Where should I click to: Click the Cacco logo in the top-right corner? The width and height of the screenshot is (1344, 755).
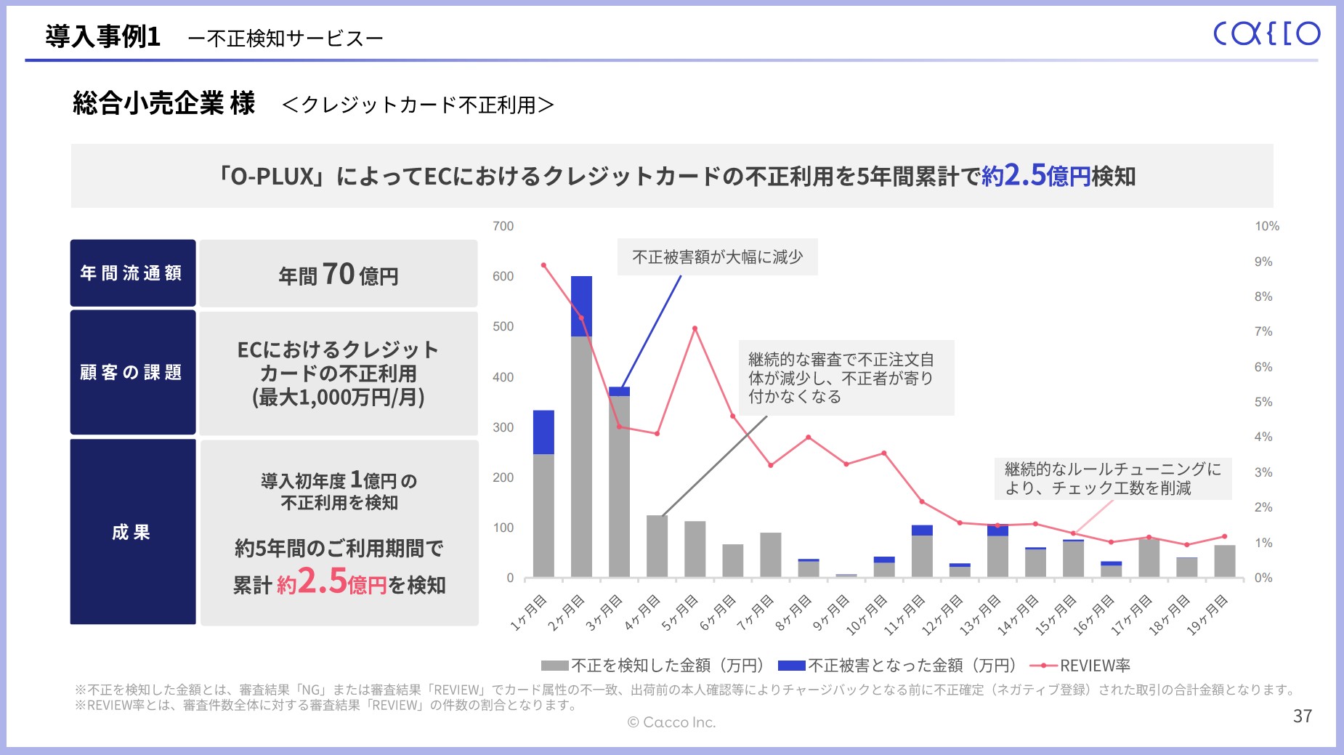coord(1266,33)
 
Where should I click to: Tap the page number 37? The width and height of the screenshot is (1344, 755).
coord(1303,716)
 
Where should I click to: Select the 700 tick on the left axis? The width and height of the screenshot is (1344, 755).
coord(503,227)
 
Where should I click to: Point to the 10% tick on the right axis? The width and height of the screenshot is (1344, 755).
coord(1266,227)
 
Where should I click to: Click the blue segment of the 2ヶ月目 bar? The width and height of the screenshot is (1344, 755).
coord(581,306)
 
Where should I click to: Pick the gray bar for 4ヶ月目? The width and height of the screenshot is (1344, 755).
coord(657,546)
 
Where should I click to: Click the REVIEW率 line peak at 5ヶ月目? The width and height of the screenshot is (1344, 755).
coord(695,328)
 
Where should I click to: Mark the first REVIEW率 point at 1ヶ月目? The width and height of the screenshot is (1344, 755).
coord(543,265)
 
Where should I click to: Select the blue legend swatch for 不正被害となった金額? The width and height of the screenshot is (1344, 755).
coord(791,666)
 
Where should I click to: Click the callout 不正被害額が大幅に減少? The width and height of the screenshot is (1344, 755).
coord(717,257)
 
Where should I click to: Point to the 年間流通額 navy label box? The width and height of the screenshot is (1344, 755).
coord(132,273)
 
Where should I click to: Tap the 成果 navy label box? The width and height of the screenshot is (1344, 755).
coord(132,532)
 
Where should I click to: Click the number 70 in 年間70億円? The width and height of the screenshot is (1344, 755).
coord(338,275)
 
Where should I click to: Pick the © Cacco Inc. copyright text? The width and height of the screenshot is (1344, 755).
coord(671,722)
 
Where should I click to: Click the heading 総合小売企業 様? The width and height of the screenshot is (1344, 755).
coord(164,104)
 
